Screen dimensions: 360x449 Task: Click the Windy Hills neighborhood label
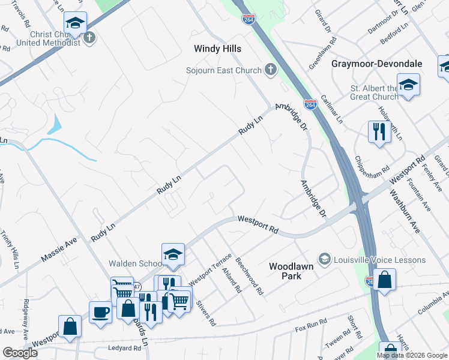(x=217, y=48)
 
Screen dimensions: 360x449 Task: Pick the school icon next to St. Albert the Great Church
(x=408, y=85)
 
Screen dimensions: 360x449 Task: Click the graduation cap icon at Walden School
(x=173, y=254)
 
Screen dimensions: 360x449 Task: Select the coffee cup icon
(x=100, y=312)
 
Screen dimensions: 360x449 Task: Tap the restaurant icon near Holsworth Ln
(x=379, y=131)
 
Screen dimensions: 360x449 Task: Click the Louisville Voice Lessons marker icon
(x=325, y=259)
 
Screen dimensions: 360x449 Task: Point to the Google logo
(x=20, y=353)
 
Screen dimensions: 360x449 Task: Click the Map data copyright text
(x=412, y=355)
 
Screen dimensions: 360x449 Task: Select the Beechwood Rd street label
(x=250, y=276)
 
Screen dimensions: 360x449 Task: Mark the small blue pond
(x=55, y=125)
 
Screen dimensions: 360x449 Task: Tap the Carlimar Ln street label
(x=331, y=106)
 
